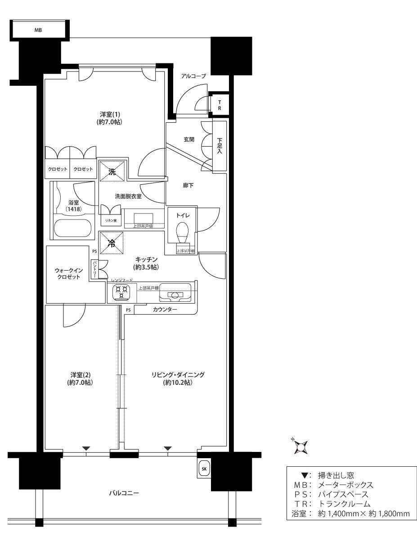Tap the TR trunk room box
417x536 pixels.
pos(220,105)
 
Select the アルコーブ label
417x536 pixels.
pos(193,76)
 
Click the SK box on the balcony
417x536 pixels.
pos(203,469)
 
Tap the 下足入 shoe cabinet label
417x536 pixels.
pos(220,146)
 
